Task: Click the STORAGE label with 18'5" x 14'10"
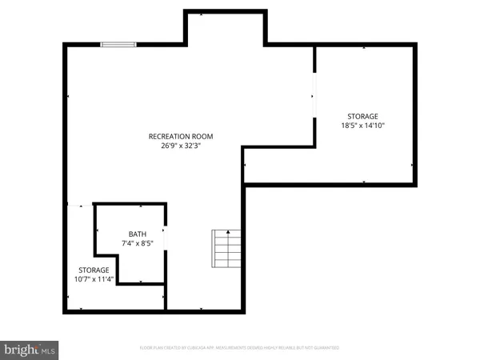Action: [362, 116]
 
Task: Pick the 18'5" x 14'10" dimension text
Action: [362, 126]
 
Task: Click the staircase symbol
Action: [226, 249]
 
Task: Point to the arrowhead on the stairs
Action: [227, 232]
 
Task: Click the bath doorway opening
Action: [165, 239]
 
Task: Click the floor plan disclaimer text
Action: [239, 348]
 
